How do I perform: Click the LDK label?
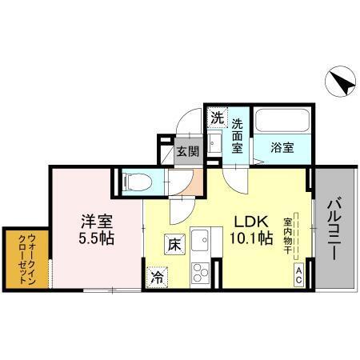[250, 222]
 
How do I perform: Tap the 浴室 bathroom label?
[282, 147]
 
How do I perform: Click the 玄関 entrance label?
[187, 150]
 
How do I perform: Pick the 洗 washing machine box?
[216, 117]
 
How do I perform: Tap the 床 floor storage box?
[174, 245]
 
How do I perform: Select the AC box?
[298, 276]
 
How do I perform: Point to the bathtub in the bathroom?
[282, 123]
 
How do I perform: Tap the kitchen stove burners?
[198, 270]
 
